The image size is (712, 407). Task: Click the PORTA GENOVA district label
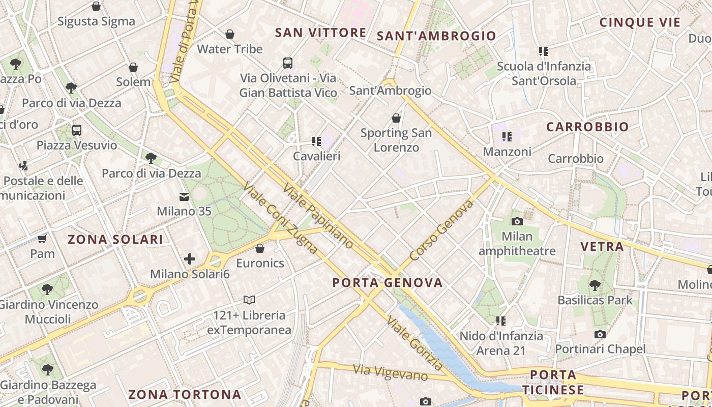click(388, 283)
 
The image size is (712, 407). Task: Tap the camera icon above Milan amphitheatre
click(517, 221)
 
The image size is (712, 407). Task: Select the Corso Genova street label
click(441, 230)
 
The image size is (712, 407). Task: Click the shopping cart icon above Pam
click(42, 239)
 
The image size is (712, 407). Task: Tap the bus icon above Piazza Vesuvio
click(77, 130)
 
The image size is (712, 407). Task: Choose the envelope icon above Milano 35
click(184, 196)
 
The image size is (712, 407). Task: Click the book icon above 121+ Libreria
click(249, 300)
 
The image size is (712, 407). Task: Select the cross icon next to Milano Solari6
click(190, 259)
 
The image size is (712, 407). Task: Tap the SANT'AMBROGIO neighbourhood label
click(436, 36)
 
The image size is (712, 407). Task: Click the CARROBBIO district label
click(587, 127)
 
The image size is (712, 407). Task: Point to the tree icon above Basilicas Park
click(595, 285)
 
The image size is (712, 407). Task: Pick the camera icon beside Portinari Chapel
click(600, 334)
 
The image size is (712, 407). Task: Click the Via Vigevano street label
click(390, 372)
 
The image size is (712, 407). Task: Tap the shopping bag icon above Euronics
click(260, 248)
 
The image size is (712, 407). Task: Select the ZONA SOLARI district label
click(115, 240)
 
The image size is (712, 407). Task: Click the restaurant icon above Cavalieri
click(316, 141)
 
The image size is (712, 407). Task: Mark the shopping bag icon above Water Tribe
click(230, 34)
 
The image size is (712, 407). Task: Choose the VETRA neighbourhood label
click(602, 247)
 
